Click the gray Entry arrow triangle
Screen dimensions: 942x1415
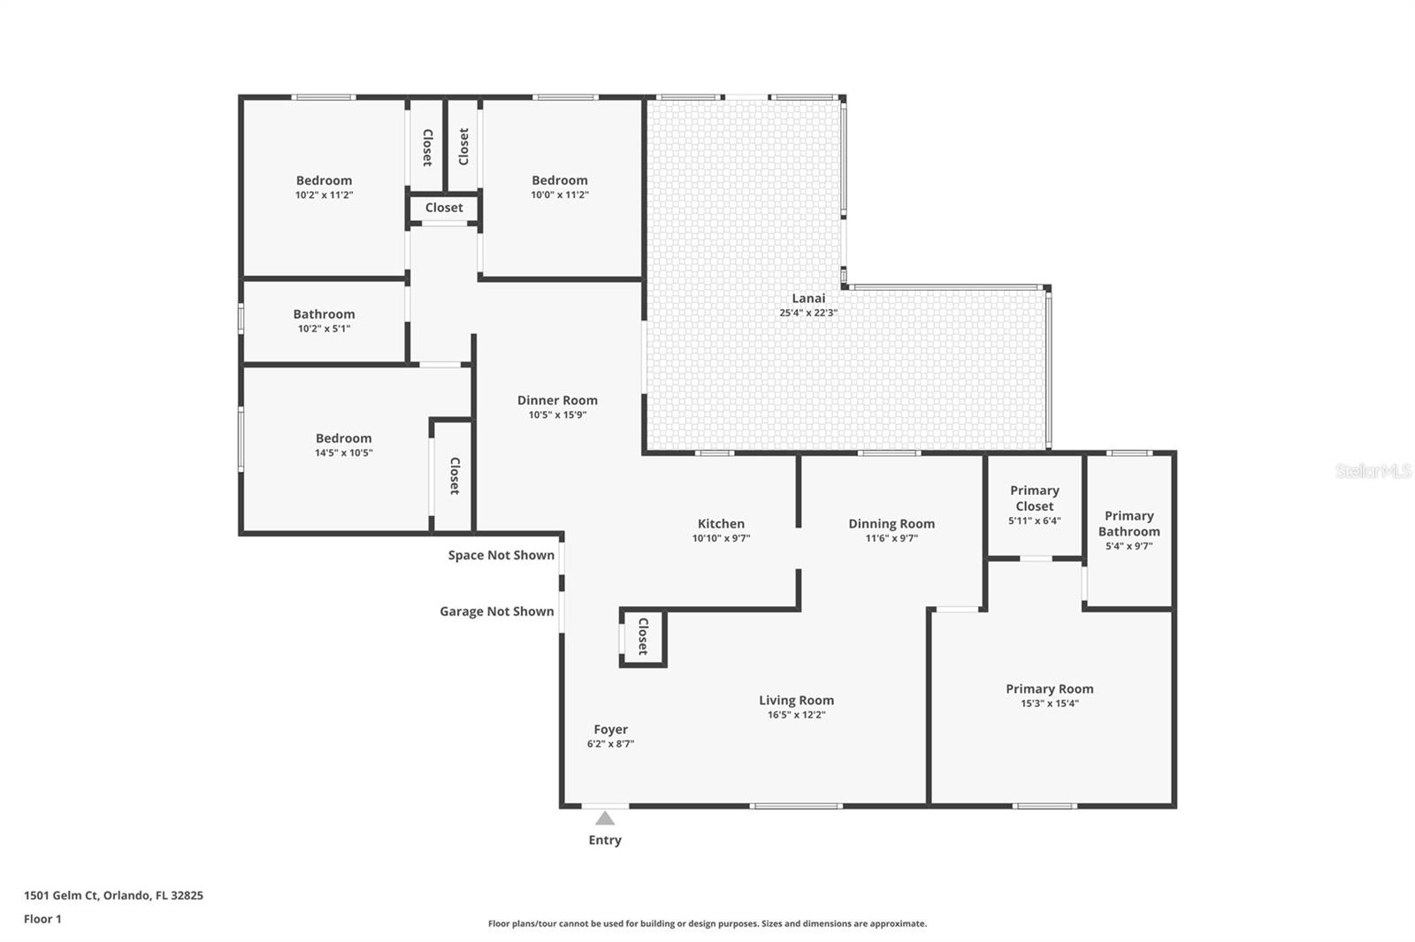pos(605,818)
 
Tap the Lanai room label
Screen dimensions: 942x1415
pos(808,299)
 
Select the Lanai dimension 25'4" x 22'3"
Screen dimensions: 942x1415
pos(808,313)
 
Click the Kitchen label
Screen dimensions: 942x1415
pos(721,524)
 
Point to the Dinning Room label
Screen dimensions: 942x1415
pos(891,524)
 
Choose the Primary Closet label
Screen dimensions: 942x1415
pos(1035,498)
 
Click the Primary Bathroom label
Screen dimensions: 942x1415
pos(1129,523)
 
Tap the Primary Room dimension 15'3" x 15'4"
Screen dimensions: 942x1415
pos(1050,704)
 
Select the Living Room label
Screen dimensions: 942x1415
pos(796,701)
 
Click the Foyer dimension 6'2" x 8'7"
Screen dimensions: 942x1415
pos(610,744)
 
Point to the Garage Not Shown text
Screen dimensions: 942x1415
pos(497,612)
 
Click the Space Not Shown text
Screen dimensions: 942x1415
pos(501,555)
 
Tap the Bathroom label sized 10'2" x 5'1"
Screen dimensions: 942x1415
pos(325,315)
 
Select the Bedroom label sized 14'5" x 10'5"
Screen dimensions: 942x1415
pos(344,438)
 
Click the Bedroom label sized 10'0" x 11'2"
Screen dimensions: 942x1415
pos(560,180)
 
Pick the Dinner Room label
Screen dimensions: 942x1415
pos(557,400)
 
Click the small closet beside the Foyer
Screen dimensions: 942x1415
pos(643,636)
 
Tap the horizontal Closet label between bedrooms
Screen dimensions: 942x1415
pos(444,208)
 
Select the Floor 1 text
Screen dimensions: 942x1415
pos(42,919)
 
